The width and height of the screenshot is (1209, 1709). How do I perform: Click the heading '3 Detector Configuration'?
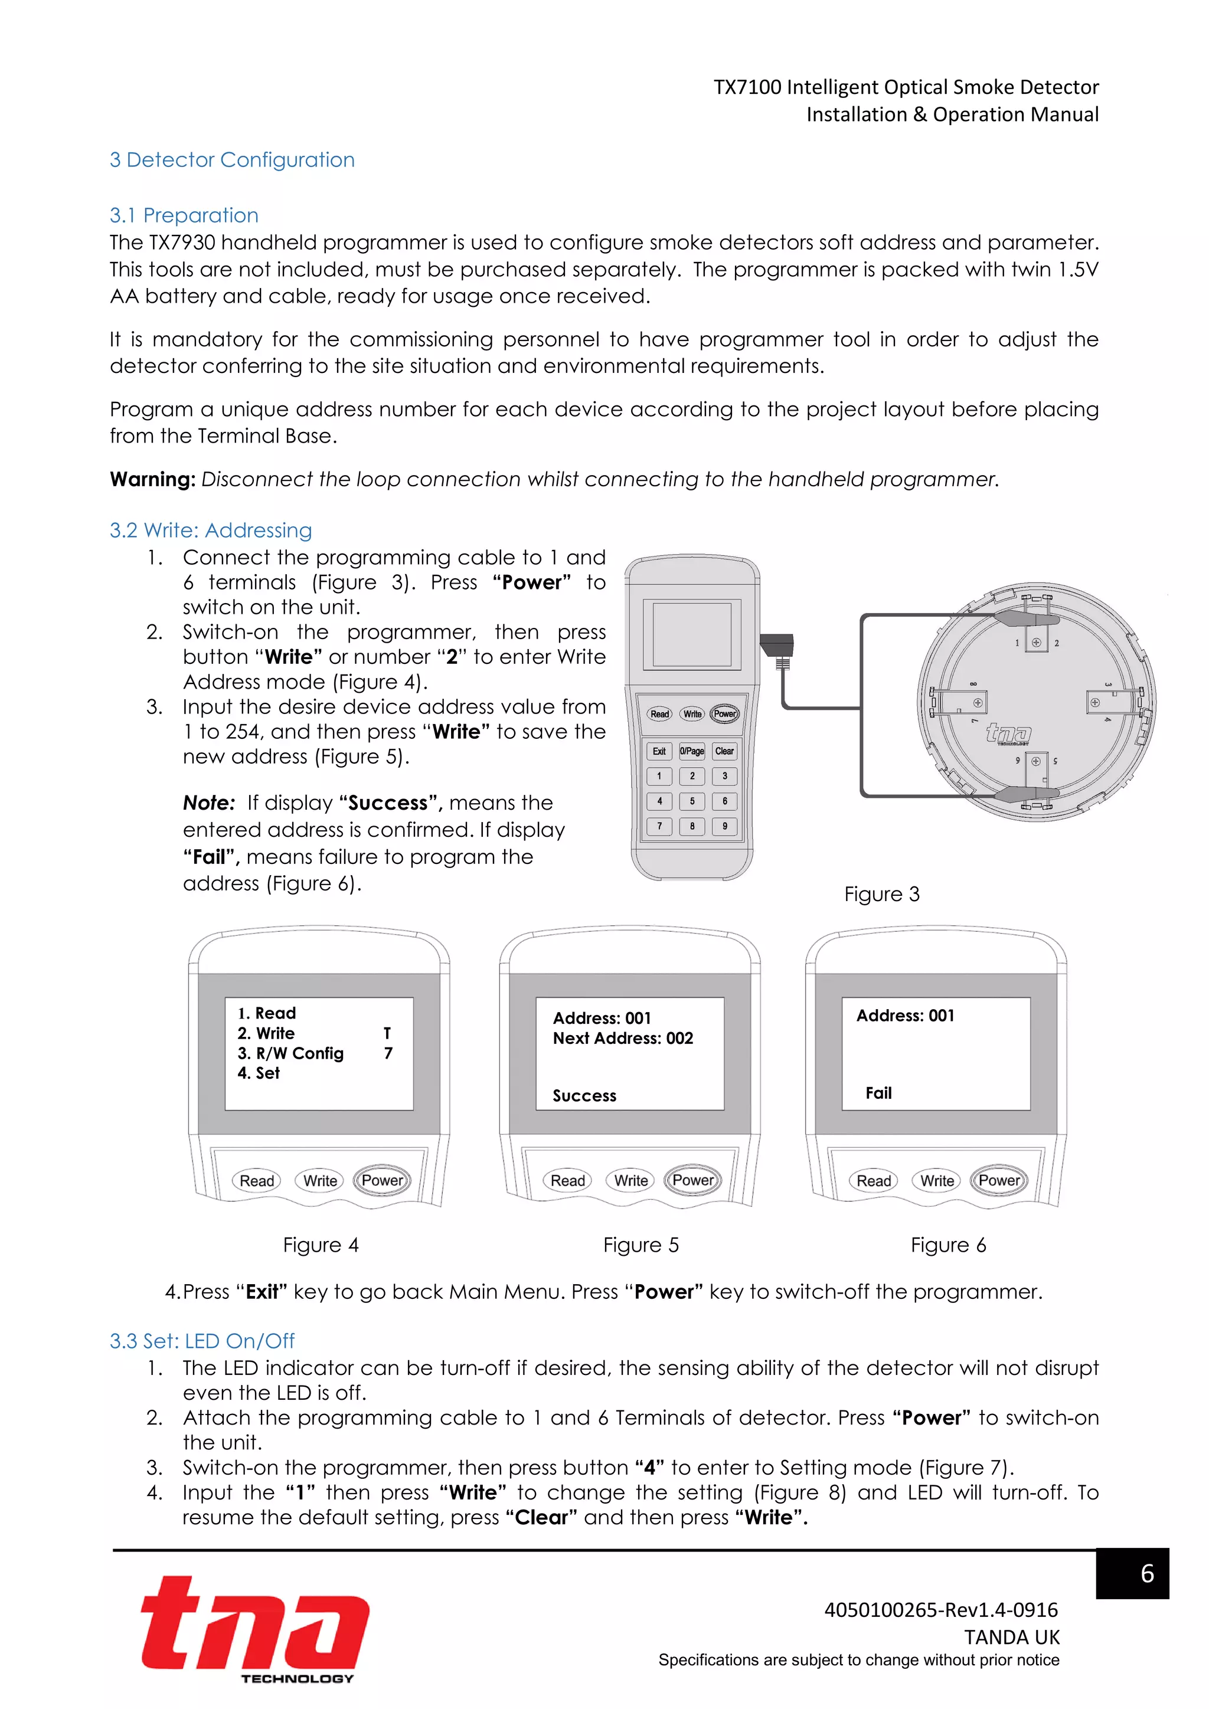(x=231, y=160)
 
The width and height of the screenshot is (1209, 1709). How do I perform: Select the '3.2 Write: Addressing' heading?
(x=211, y=530)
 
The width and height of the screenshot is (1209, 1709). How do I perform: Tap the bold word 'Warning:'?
(x=153, y=479)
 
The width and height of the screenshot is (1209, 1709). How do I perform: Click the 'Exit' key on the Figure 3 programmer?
(x=659, y=751)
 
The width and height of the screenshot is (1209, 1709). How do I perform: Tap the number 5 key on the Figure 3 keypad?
(x=692, y=801)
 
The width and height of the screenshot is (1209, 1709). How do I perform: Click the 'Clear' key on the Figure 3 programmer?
(x=724, y=751)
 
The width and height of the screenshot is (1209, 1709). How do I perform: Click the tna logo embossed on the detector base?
(x=1009, y=733)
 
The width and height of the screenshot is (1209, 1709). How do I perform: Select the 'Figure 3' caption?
(x=881, y=894)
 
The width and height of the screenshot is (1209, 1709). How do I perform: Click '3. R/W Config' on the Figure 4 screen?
(x=290, y=1053)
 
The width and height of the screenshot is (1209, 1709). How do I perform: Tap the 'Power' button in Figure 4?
(x=382, y=1180)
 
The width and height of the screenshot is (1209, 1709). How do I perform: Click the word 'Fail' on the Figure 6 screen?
(x=878, y=1093)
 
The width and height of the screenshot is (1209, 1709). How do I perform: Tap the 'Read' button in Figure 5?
(x=567, y=1180)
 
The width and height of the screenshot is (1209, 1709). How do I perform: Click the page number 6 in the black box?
(x=1146, y=1573)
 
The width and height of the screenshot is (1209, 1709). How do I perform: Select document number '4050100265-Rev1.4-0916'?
(x=940, y=1610)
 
